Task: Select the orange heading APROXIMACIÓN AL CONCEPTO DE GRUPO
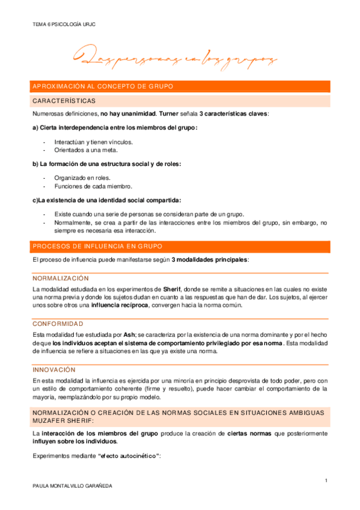103,87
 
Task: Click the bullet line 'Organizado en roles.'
82,179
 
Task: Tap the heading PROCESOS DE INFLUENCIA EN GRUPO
99,246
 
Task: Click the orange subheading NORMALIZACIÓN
61,278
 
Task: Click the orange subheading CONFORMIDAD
58,324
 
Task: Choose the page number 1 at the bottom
325,480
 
